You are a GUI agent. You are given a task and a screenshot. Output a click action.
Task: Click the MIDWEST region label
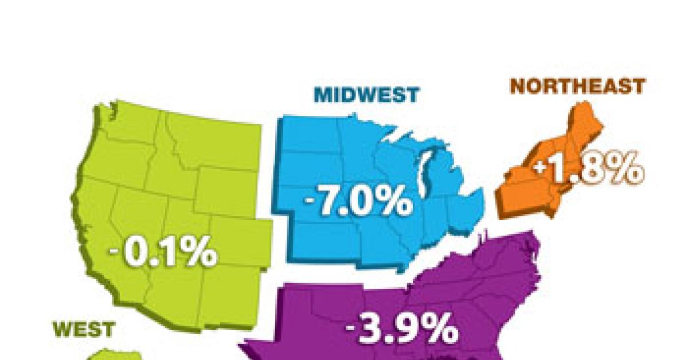pos(366,95)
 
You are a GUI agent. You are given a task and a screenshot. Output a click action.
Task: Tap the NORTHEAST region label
pos(577,87)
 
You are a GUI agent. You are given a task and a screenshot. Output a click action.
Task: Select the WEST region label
pos(84,329)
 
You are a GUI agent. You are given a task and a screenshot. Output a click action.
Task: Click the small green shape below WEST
pos(109,354)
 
